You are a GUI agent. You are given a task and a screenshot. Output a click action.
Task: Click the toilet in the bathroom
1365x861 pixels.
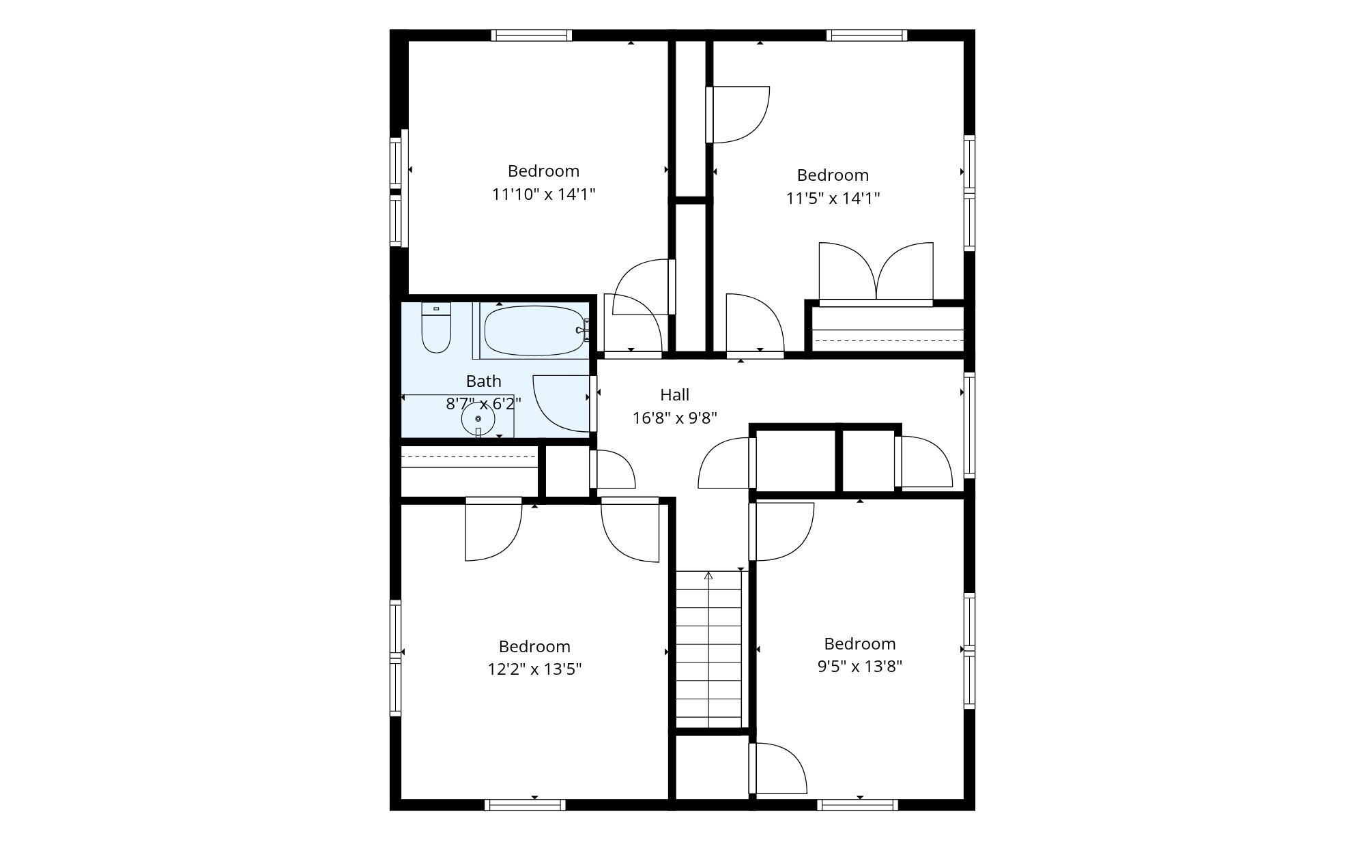436,327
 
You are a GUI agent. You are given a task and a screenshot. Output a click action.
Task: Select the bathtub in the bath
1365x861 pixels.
534,331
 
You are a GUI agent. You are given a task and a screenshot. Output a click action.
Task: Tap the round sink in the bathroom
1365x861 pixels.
478,419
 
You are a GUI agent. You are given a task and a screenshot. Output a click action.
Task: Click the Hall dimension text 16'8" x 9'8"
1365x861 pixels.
674,418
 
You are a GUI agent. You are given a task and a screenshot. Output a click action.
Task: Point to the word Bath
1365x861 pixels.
483,381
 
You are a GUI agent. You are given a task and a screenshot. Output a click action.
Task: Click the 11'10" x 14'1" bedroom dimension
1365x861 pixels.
543,194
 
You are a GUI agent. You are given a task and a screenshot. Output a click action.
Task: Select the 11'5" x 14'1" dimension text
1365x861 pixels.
833,199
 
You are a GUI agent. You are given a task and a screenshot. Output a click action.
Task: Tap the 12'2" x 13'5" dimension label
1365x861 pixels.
534,669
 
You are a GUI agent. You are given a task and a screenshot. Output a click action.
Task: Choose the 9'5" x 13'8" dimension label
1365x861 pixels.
860,667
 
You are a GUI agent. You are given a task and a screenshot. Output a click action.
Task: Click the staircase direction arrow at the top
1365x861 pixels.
708,575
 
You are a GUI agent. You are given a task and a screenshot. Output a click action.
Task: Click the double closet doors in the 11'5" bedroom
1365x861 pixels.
876,273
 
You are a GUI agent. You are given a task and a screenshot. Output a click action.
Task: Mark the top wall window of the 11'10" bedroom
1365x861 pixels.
532,35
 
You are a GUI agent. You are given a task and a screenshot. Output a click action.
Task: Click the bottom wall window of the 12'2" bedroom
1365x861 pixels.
525,805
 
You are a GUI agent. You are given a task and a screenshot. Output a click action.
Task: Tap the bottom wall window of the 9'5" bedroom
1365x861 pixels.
857,805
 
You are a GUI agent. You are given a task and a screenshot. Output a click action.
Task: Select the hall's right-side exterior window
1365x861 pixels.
969,425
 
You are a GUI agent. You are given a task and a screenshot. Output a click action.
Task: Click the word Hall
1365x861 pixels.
674,394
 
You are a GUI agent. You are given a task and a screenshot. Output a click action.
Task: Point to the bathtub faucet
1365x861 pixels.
581,330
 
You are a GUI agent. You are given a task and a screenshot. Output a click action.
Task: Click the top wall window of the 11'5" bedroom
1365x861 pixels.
867,35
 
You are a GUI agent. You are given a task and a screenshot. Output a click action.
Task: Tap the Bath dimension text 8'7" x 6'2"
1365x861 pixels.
483,404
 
